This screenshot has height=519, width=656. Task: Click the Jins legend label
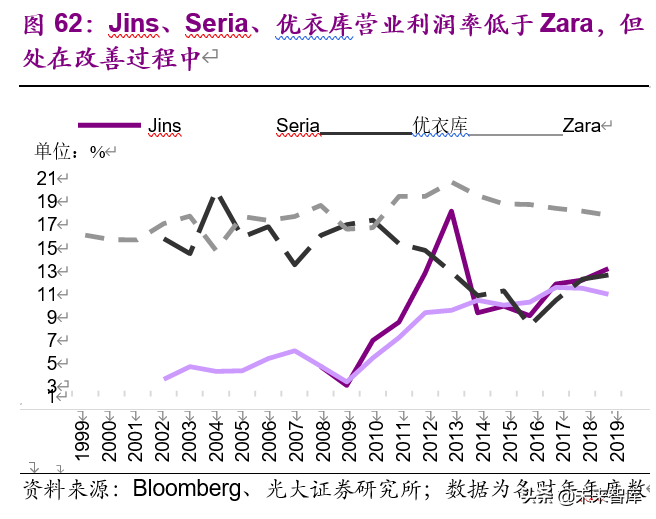point(164,126)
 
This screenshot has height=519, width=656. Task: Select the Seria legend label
point(297,126)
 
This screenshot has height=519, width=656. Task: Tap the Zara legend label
point(580,126)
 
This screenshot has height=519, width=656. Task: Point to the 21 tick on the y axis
point(46,179)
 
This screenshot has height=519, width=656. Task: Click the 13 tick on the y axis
point(46,271)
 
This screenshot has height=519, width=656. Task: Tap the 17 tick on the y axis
point(46,225)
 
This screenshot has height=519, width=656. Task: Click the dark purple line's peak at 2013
point(452,211)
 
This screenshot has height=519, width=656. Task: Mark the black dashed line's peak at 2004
point(219,196)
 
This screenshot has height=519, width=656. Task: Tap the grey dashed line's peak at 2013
point(453,183)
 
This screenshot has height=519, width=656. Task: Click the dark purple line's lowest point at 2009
point(347,384)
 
